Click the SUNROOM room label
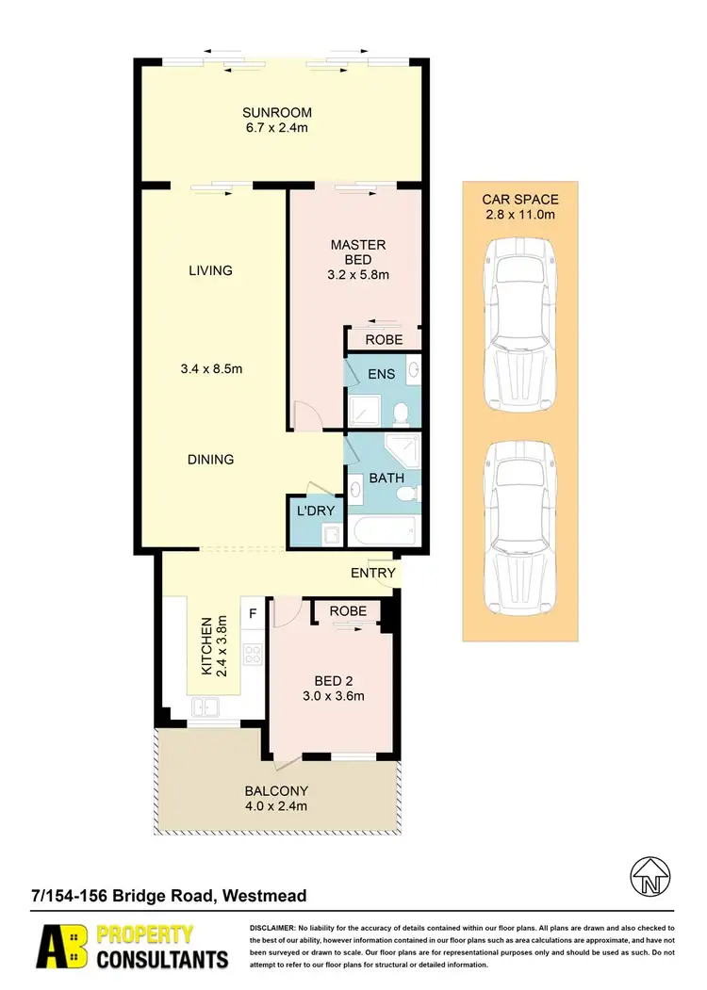pyautogui.click(x=276, y=113)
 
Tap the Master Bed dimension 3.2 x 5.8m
pyautogui.click(x=357, y=276)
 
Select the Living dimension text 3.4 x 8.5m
pyautogui.click(x=210, y=369)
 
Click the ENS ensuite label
pyautogui.click(x=381, y=374)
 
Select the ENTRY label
pyautogui.click(x=372, y=573)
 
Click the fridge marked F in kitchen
pyautogui.click(x=252, y=613)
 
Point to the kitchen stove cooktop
pyautogui.click(x=252, y=650)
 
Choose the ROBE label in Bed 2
pyautogui.click(x=348, y=610)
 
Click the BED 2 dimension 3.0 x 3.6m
pyautogui.click(x=333, y=696)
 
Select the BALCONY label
pyautogui.click(x=276, y=790)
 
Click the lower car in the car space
pyautogui.click(x=519, y=527)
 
